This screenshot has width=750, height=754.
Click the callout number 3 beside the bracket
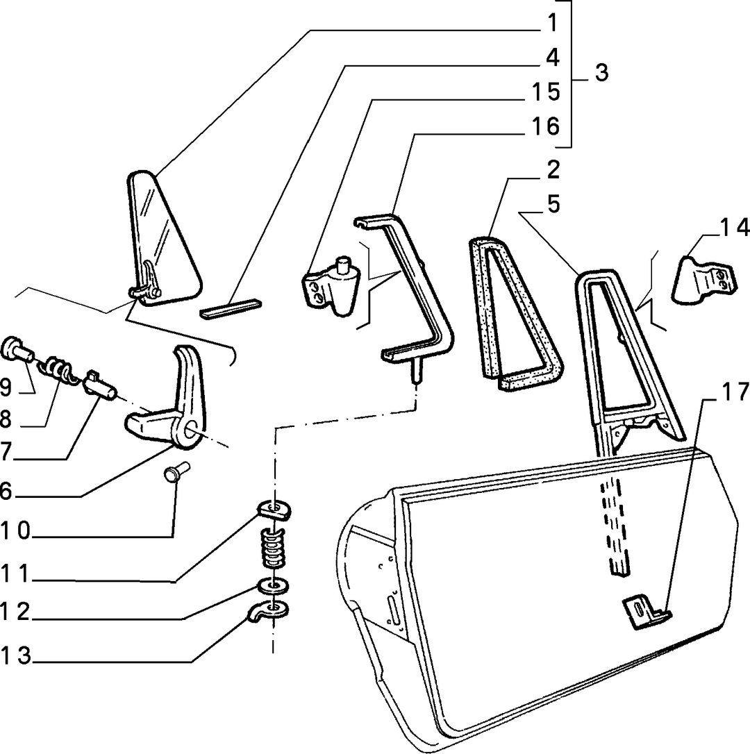pos(601,73)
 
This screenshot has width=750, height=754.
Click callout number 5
pos(553,204)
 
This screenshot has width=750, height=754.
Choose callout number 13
pos(16,656)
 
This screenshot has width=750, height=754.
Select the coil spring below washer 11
pos(273,548)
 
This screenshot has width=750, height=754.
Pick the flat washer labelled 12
pos(272,586)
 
